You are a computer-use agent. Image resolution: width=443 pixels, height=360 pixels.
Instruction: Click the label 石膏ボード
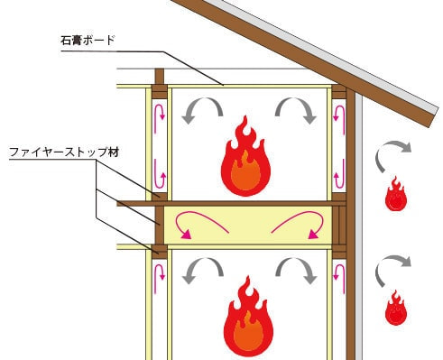point(86,40)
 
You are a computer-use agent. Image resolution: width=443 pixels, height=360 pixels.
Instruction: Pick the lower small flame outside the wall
point(394,309)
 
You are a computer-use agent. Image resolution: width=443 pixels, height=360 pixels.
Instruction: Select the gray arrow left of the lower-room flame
point(203,272)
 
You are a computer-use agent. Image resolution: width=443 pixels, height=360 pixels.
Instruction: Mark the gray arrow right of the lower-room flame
point(296,272)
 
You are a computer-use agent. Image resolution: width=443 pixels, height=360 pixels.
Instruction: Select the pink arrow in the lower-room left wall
point(161,276)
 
